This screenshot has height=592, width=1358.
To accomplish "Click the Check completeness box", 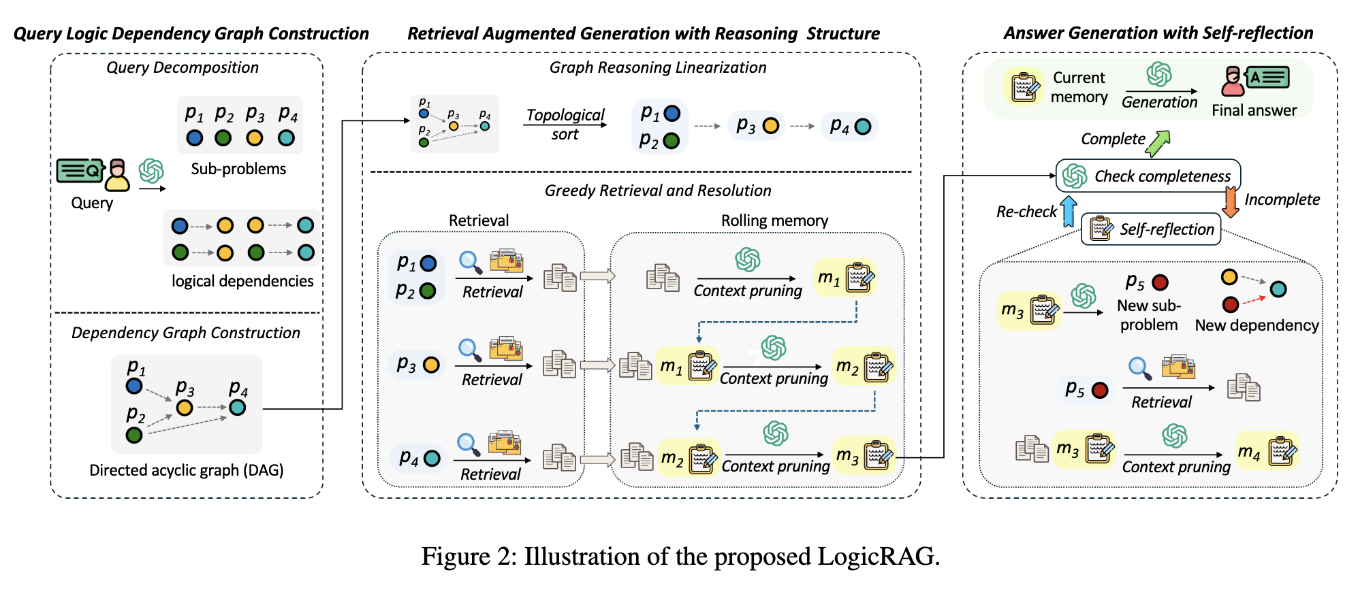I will click(1148, 176).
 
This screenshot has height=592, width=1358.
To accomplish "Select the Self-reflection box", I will click(1151, 229).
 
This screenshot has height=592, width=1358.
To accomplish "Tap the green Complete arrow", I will click(1157, 144).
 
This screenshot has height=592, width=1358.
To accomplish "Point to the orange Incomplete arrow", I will click(1230, 202).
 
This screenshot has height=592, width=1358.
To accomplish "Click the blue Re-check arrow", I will click(1069, 212).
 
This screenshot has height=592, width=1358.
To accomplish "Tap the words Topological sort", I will click(565, 125).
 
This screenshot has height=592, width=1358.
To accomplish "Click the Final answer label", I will click(1254, 110).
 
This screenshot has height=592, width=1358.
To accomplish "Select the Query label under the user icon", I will click(92, 203).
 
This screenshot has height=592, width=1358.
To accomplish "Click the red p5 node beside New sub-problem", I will click(1160, 282).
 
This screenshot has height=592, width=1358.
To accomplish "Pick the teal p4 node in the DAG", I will click(237, 408).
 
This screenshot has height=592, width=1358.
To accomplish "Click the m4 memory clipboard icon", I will click(1282, 450).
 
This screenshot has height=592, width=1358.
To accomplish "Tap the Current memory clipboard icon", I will click(1024, 87).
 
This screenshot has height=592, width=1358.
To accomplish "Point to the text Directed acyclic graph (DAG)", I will click(186, 470).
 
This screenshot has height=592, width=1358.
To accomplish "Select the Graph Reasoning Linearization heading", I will click(657, 67).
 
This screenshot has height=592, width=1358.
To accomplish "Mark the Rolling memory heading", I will click(774, 220).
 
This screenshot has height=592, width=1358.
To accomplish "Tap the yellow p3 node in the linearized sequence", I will click(770, 126).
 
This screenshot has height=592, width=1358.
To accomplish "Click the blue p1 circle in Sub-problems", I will click(194, 138).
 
